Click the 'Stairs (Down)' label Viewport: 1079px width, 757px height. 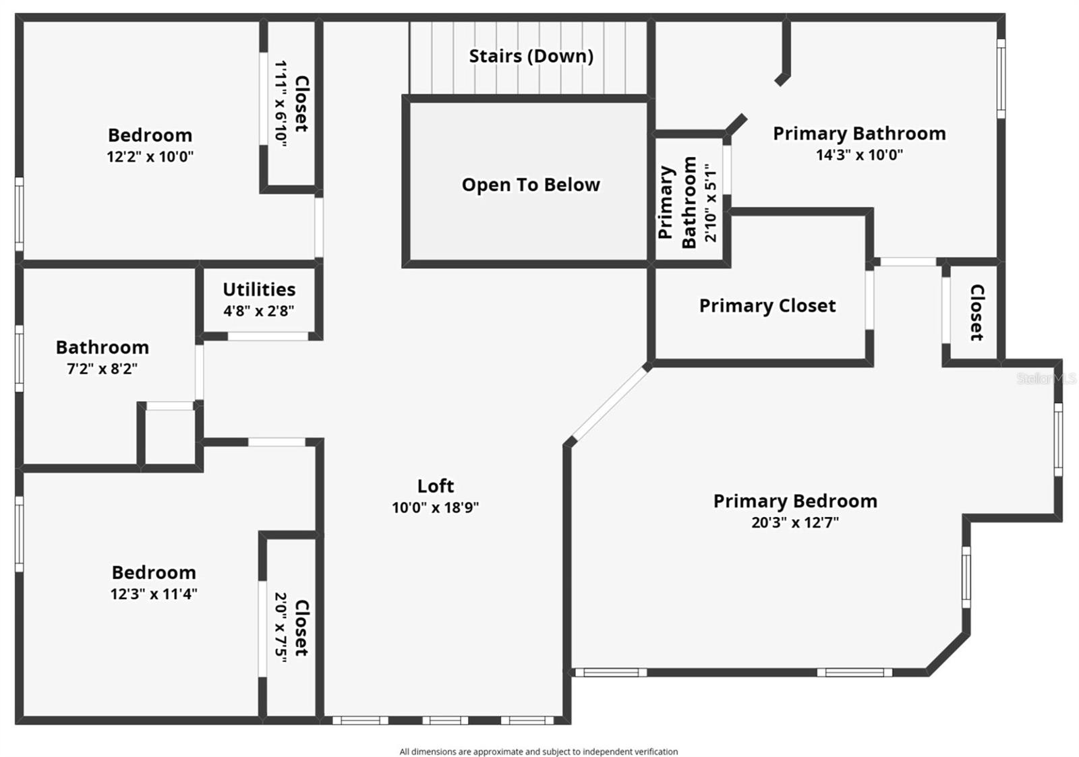[531, 56]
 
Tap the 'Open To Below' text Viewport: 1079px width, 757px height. [531, 185]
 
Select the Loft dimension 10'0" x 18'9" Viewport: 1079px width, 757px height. [435, 508]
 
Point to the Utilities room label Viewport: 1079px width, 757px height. [259, 289]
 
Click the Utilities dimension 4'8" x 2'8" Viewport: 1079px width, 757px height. [259, 311]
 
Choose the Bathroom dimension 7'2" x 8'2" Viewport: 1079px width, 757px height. [102, 369]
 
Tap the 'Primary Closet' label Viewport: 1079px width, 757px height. [767, 306]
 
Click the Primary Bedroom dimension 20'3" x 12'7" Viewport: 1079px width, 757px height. [795, 522]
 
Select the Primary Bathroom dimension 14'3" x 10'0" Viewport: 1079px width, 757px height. [859, 155]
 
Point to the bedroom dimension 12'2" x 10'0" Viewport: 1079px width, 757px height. [150, 157]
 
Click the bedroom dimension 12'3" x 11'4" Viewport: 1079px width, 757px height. [154, 594]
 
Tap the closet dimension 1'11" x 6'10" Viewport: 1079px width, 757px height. [281, 103]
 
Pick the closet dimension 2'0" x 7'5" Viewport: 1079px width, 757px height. [281, 628]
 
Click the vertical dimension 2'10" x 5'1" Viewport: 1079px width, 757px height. [711, 202]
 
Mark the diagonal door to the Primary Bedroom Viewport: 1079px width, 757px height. [609, 404]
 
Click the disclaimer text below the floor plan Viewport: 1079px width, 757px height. [538, 752]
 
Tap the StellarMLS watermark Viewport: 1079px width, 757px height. [1046, 379]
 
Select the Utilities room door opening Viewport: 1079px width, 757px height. [268, 336]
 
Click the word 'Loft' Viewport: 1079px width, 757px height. [435, 486]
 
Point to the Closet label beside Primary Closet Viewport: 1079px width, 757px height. [976, 311]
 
